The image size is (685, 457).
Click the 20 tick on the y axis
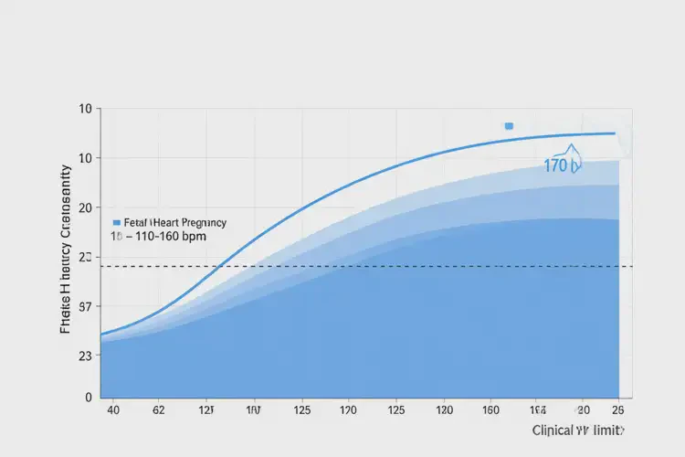pyautogui.click(x=87, y=207)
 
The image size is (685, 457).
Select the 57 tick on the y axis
pyautogui.click(x=87, y=307)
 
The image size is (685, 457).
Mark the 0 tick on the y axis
pyautogui.click(x=89, y=397)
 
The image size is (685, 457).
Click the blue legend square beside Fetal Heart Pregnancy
pyautogui.click(x=116, y=222)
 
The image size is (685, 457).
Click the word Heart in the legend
pyautogui.click(x=166, y=222)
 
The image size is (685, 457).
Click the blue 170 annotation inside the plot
pyautogui.click(x=556, y=165)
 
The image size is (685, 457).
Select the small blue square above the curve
pyautogui.click(x=509, y=126)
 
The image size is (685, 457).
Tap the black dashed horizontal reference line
pyautogui.click(x=365, y=266)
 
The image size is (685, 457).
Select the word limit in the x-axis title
pyautogui.click(x=610, y=430)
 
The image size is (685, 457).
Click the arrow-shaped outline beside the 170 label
pyautogui.click(x=574, y=156)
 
